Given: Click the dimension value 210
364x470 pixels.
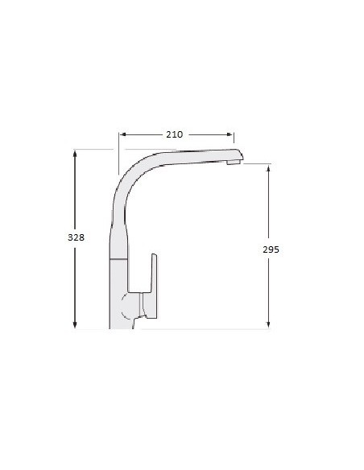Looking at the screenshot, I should [174, 134].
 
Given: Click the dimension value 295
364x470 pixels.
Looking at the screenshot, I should [271, 249].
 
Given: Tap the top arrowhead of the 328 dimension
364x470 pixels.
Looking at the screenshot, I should [75, 153].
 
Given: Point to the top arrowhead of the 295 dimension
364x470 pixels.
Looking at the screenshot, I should [268, 168].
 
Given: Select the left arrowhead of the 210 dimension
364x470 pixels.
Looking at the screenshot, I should [122, 134].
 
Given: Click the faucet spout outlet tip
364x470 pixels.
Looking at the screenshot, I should [234, 163].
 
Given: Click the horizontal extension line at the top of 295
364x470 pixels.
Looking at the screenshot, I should [256, 164].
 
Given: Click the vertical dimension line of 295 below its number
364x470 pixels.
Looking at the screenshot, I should [268, 290].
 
